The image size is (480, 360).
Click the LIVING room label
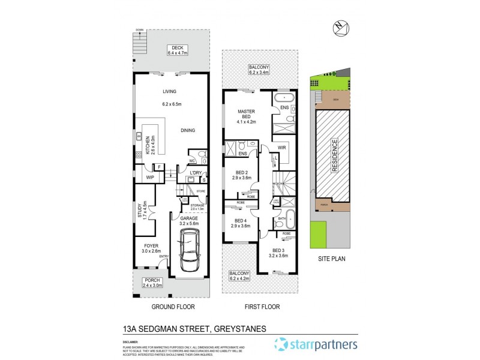[x=172, y=92]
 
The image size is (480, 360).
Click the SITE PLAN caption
[x=329, y=259]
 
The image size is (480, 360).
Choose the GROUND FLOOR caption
[x=173, y=307]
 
